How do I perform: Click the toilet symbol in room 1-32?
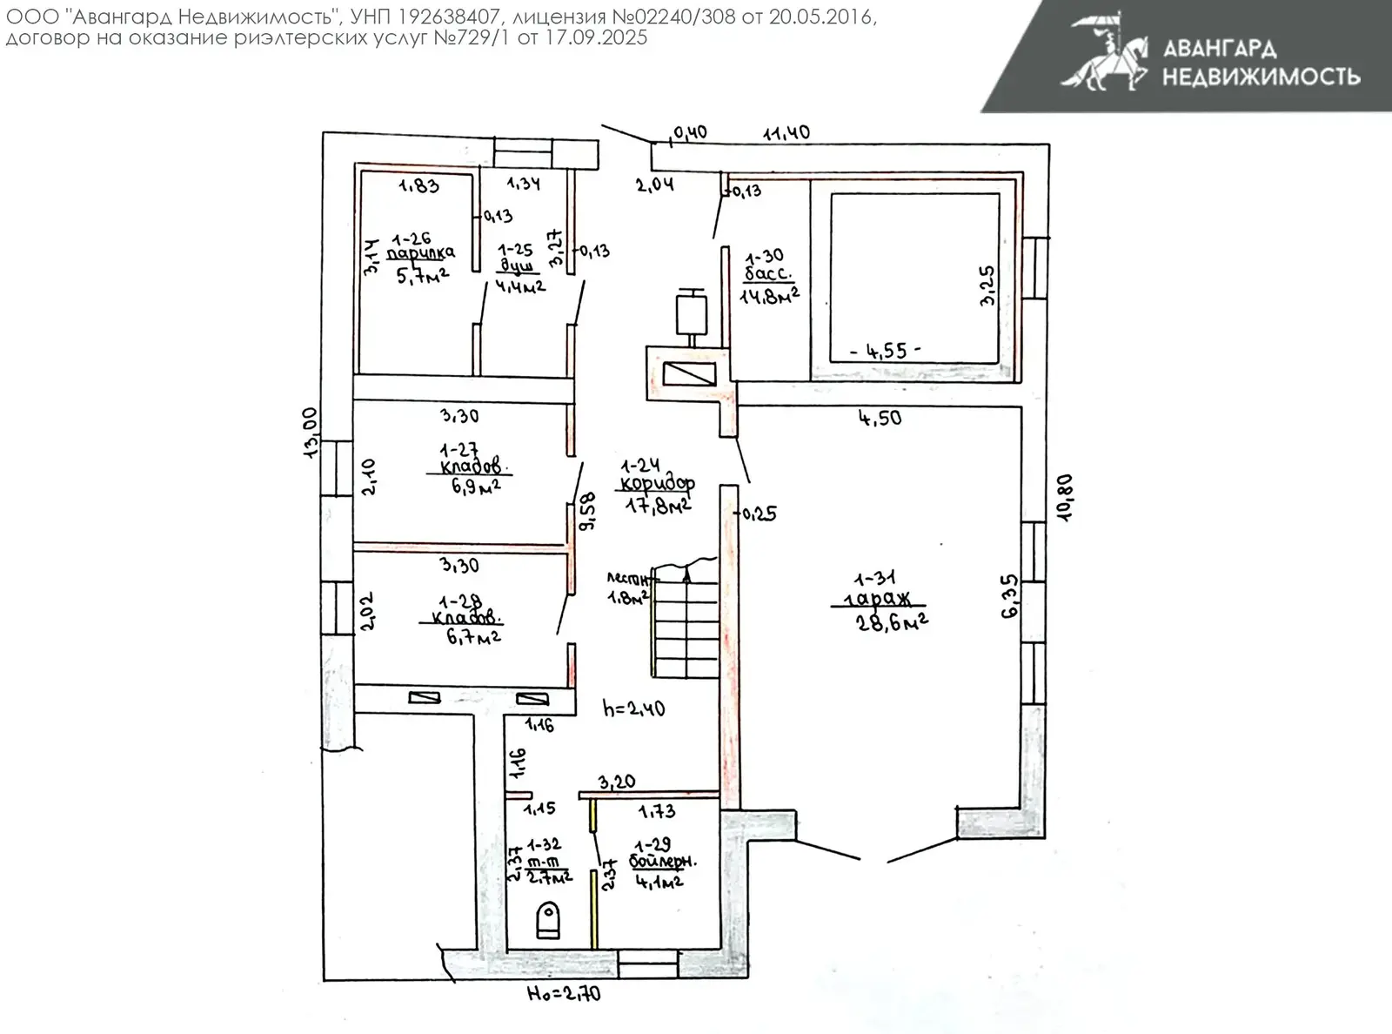547,920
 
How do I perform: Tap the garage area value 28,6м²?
892,622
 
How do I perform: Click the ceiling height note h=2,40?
633,708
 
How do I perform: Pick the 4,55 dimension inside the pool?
882,351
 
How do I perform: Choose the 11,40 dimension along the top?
786,132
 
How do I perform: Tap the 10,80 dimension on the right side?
1065,497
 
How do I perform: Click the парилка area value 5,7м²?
422,276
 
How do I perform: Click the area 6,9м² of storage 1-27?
475,486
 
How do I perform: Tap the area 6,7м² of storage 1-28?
473,636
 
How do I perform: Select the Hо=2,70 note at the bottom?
564,993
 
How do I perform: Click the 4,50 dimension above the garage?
880,418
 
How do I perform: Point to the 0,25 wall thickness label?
758,514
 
